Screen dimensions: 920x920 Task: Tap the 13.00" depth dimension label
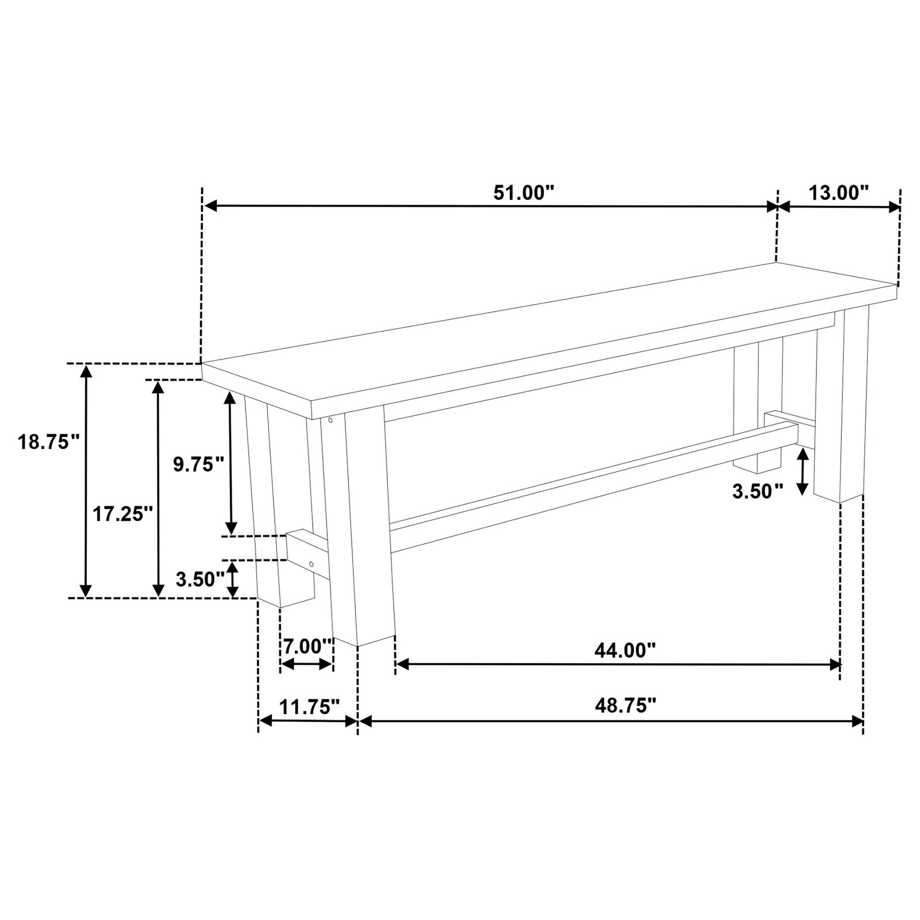[838, 193]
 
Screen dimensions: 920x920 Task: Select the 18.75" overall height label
[48, 442]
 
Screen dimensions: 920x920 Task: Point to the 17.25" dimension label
[122, 513]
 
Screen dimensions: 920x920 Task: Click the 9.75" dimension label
[198, 464]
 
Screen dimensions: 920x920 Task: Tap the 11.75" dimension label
[309, 706]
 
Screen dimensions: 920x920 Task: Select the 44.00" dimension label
[625, 650]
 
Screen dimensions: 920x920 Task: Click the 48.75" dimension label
[626, 705]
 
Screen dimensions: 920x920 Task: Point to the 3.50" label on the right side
[757, 492]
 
